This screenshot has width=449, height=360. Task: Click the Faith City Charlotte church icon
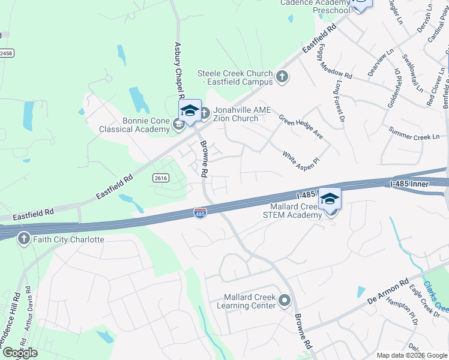(24, 239)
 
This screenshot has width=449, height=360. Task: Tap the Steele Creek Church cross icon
(282, 77)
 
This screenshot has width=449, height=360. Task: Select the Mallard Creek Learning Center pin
(285, 301)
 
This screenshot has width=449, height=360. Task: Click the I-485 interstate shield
(200, 214)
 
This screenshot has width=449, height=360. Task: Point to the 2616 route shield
(161, 178)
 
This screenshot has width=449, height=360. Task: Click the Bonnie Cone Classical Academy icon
(178, 124)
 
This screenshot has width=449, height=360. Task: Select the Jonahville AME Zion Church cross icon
(204, 112)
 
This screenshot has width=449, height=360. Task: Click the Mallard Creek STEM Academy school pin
(330, 199)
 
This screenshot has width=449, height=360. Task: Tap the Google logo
(20, 353)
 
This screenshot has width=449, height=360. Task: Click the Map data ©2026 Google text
(411, 355)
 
